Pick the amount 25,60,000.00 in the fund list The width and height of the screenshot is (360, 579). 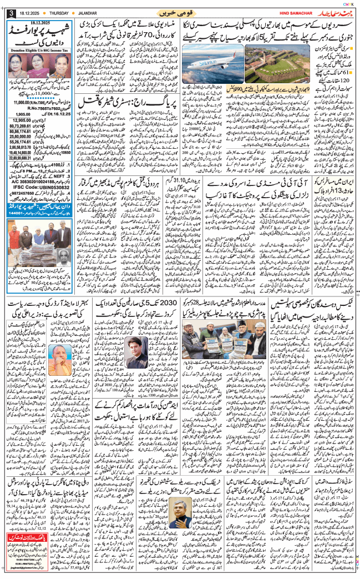click(x=22, y=135)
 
